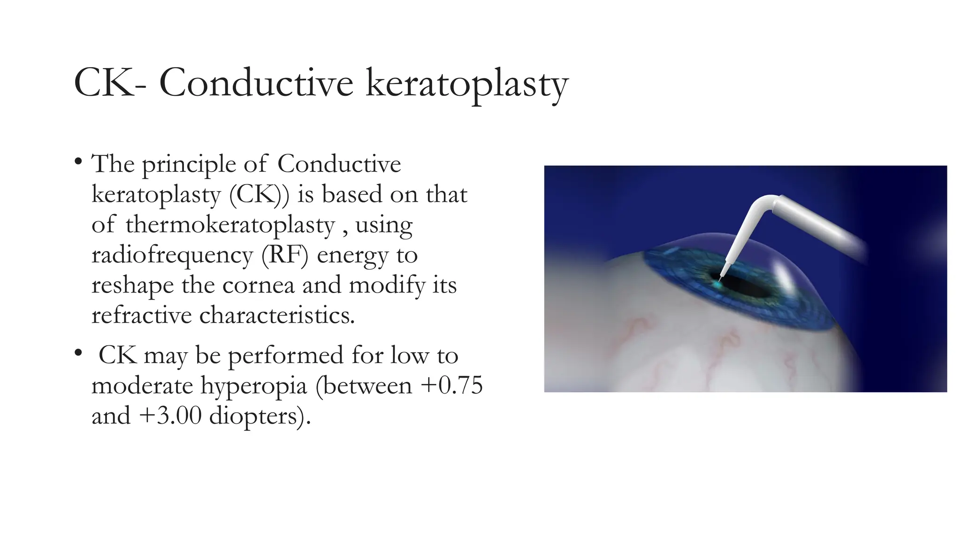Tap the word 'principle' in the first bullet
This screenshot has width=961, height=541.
(x=189, y=165)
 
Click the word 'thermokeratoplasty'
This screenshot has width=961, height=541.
(x=230, y=224)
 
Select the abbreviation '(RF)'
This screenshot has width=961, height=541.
(x=285, y=255)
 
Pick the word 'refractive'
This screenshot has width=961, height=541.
(x=142, y=315)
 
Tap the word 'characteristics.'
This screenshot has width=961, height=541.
(x=277, y=315)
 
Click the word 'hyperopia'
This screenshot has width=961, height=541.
(x=254, y=386)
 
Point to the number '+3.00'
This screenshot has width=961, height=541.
(x=170, y=416)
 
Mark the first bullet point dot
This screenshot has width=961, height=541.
(x=78, y=162)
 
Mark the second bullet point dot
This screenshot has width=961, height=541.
(x=78, y=353)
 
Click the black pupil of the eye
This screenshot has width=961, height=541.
(x=744, y=286)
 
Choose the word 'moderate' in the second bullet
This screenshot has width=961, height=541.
(x=142, y=386)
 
